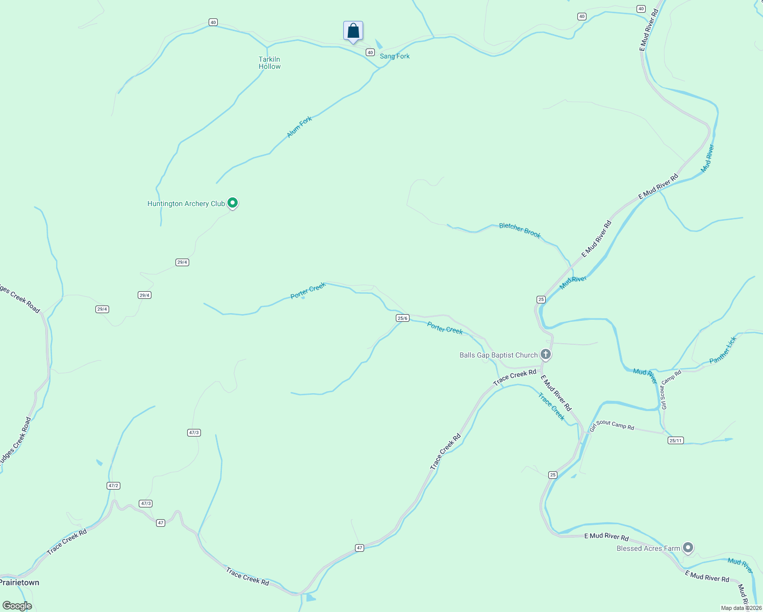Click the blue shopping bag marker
(x=353, y=31)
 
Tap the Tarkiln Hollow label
(x=269, y=63)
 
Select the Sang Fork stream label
(x=395, y=56)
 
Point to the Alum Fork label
(x=299, y=127)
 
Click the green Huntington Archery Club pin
(x=233, y=203)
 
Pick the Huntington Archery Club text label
(x=186, y=203)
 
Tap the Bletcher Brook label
(x=520, y=230)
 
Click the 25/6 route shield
(x=402, y=318)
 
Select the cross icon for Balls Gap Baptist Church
(x=545, y=354)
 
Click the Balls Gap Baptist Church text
(x=498, y=355)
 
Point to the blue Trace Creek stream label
(x=552, y=406)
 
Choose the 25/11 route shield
(x=675, y=441)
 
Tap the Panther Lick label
(x=723, y=350)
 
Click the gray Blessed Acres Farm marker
(x=688, y=548)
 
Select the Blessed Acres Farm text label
(x=648, y=549)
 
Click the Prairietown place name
(x=19, y=582)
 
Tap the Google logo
(x=17, y=606)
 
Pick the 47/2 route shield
(x=114, y=486)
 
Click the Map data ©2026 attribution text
(x=741, y=608)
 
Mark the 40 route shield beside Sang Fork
(x=370, y=53)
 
